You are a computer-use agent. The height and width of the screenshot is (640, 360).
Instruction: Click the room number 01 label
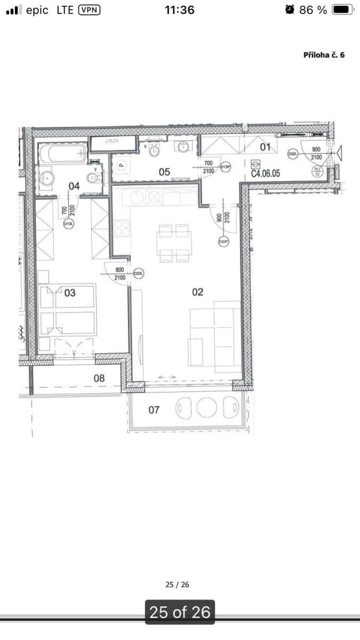click(x=265, y=147)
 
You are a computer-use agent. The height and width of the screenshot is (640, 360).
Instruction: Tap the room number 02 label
click(x=197, y=292)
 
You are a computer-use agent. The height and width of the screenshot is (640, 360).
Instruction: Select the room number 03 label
click(x=70, y=293)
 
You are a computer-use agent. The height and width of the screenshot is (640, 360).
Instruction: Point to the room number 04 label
click(x=74, y=186)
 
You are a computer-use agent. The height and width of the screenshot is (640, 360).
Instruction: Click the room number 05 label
click(x=164, y=172)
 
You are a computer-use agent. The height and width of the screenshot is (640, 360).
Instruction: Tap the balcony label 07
click(x=154, y=410)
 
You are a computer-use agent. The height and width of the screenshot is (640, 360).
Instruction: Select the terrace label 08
click(x=99, y=378)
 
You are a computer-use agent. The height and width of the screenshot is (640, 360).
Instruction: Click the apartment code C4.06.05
click(x=266, y=174)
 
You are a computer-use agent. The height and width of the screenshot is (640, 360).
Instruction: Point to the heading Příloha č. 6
click(x=324, y=55)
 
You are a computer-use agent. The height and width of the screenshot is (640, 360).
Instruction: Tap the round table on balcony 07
click(x=206, y=408)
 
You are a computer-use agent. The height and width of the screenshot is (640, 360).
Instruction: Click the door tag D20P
click(x=224, y=242)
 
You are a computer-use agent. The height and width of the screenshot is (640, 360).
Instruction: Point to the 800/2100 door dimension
click(x=120, y=274)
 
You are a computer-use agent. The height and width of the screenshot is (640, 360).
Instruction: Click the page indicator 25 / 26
click(x=178, y=585)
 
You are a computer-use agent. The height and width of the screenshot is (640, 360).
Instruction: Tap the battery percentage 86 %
click(x=313, y=10)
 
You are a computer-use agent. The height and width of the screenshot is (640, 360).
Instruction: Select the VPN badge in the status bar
click(x=89, y=10)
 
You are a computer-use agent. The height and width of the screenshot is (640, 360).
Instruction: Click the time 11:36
click(x=180, y=10)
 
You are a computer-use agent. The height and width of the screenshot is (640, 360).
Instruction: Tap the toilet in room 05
click(x=155, y=150)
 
